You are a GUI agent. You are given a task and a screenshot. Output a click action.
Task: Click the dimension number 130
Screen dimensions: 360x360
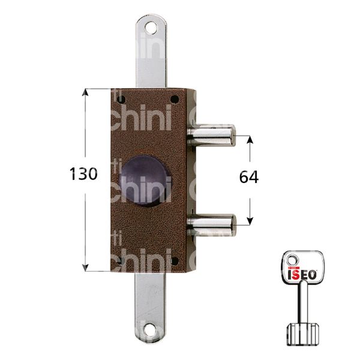pyautogui.click(x=83, y=175)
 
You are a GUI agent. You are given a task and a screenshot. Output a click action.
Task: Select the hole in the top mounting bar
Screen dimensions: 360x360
pyautogui.click(x=148, y=26)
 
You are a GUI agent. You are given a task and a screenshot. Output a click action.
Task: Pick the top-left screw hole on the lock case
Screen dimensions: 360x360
pyautogui.click(x=117, y=99)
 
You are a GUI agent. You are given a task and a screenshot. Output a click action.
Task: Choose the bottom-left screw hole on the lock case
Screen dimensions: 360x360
pyautogui.click(x=117, y=260)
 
